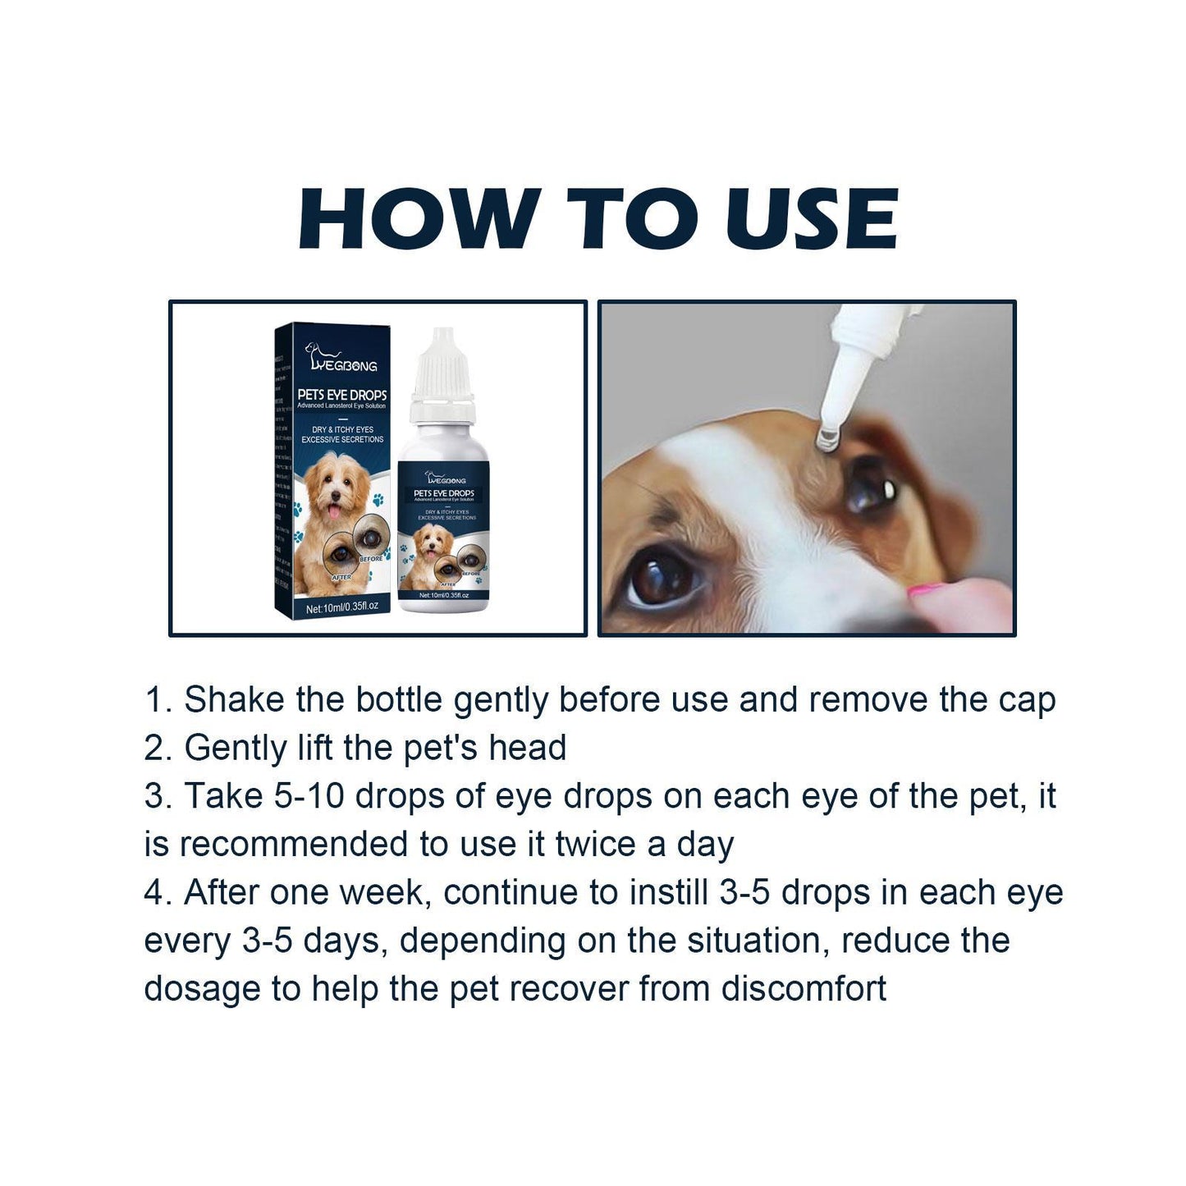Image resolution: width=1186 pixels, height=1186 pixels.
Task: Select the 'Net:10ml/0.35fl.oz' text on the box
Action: point(341,607)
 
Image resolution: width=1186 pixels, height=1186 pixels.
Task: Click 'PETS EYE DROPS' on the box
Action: point(342,395)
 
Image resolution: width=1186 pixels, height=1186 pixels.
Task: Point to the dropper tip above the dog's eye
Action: point(826,437)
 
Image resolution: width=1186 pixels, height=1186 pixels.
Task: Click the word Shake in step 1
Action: point(234,700)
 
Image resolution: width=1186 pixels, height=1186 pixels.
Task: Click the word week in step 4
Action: point(386,892)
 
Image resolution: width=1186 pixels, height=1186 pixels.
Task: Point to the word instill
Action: point(668,892)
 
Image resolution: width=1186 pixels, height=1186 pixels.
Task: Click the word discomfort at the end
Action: point(804,988)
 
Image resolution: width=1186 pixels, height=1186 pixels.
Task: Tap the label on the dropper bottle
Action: point(444,533)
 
